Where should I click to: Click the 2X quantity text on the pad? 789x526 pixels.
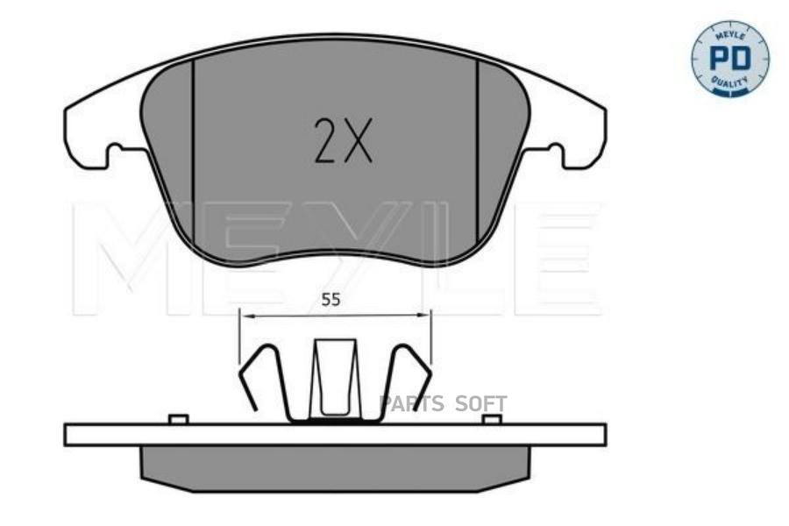pos(343,142)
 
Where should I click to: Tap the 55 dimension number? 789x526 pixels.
pos(330,299)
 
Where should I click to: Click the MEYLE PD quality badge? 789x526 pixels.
pos(729,58)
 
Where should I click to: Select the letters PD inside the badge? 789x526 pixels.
pos(729,59)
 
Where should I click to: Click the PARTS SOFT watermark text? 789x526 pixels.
pos(443,404)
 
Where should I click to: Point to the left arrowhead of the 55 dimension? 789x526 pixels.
pos(244,315)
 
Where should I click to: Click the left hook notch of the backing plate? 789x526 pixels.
pos(118,155)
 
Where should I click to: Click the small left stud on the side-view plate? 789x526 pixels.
pos(178,419)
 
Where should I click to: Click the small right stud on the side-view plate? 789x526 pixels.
pos(492,419)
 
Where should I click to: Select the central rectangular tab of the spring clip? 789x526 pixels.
pos(335,377)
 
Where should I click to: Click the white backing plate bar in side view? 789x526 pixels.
pos(335,435)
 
